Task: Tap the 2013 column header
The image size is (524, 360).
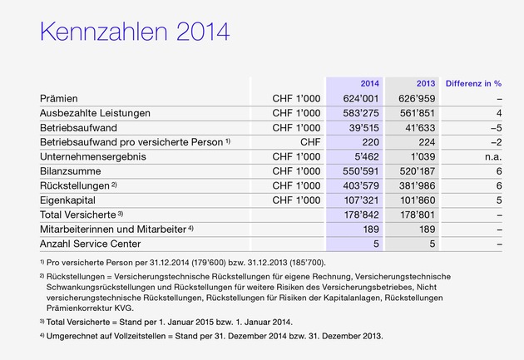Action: pyautogui.click(x=424, y=83)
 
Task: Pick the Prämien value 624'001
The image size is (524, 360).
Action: pyautogui.click(x=359, y=98)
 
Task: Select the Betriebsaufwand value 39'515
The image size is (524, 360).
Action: pyautogui.click(x=363, y=127)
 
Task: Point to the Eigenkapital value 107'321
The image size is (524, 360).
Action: pyautogui.click(x=359, y=200)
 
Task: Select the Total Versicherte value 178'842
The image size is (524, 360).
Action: pyautogui.click(x=359, y=215)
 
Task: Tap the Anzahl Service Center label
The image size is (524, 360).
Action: pyautogui.click(x=90, y=244)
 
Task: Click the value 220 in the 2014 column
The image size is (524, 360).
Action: pyautogui.click(x=370, y=141)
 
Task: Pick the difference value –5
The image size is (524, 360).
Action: pyautogui.click(x=497, y=127)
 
